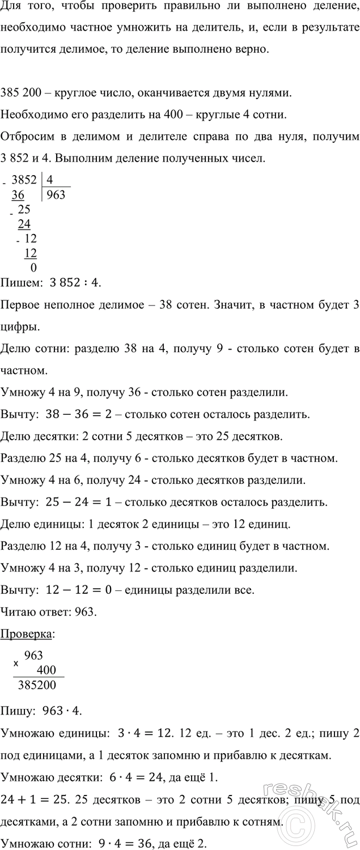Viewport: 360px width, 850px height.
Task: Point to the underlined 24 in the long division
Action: point(24,224)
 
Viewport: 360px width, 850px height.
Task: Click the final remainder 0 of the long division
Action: point(33,267)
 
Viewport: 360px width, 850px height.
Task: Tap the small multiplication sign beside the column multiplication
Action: point(16,662)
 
